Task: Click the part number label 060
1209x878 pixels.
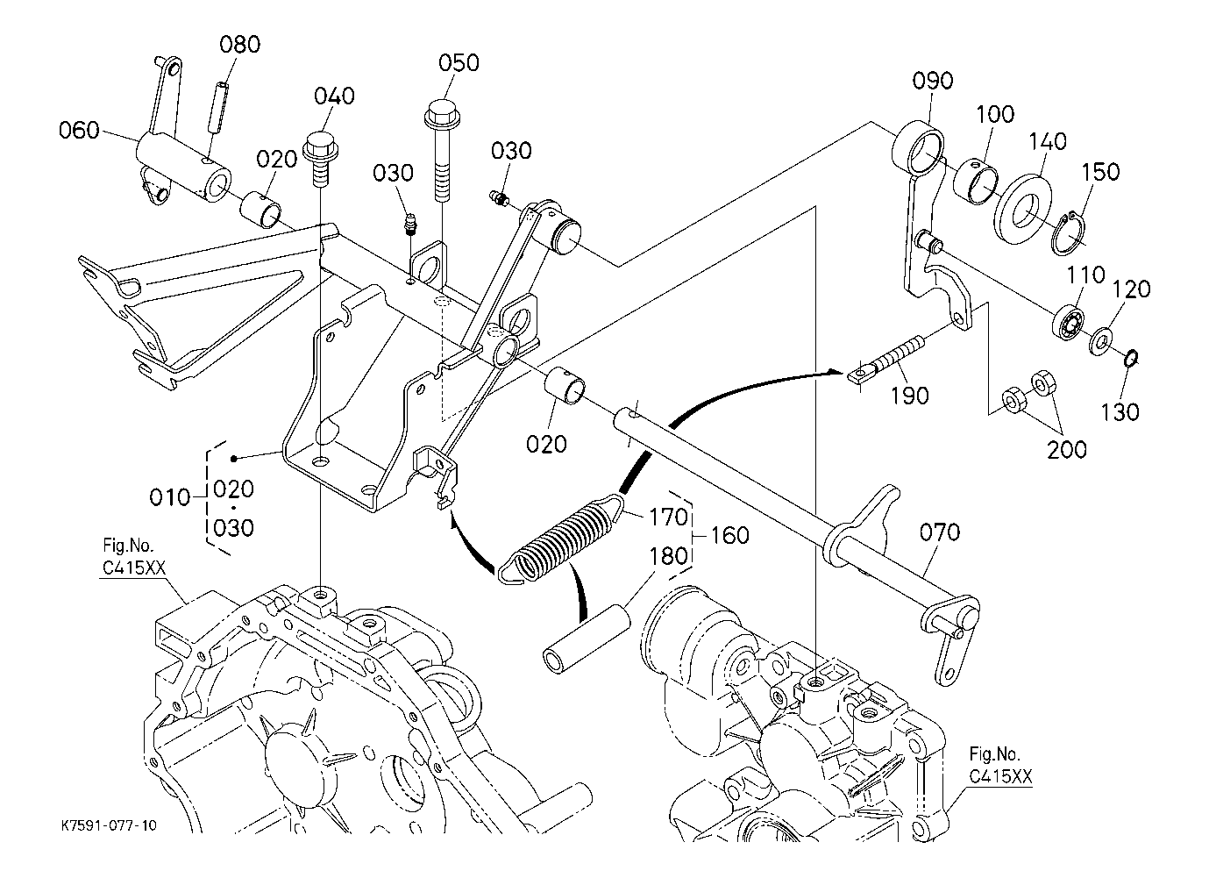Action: click(x=78, y=132)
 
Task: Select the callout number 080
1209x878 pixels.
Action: click(x=239, y=44)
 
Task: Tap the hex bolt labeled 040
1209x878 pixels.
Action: click(x=323, y=153)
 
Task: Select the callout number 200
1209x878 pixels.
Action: click(x=1067, y=449)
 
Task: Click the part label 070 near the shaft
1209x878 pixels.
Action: click(x=940, y=532)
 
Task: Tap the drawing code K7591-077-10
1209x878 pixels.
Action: click(x=110, y=826)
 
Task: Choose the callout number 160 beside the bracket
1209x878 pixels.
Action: click(x=729, y=534)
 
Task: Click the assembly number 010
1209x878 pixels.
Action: click(x=170, y=498)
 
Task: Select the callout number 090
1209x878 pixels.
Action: click(x=932, y=81)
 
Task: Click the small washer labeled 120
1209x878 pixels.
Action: click(x=1101, y=339)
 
